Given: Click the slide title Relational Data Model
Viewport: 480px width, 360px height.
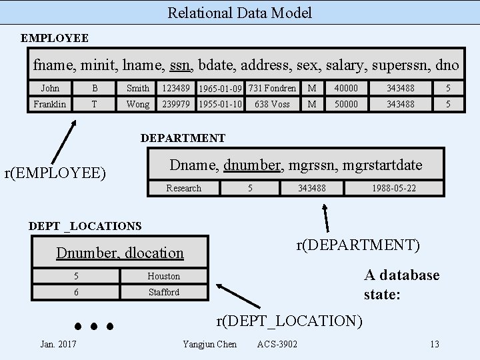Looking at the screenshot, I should click(x=239, y=12).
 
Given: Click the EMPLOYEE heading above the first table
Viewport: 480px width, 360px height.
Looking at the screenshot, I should click(x=55, y=38).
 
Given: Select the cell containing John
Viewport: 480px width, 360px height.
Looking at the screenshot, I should click(x=50, y=88).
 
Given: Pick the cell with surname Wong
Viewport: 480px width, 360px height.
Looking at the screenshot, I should click(x=138, y=104).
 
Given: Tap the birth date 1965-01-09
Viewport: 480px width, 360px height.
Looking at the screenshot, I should click(x=221, y=89).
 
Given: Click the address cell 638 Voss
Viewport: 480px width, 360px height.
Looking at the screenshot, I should click(x=272, y=104).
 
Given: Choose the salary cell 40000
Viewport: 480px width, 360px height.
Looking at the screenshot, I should click(x=346, y=88).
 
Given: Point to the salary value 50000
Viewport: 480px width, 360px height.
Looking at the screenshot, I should click(x=346, y=104).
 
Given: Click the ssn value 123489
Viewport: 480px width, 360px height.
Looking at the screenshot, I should click(x=176, y=88).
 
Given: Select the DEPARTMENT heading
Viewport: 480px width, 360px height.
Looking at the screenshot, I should click(x=183, y=138).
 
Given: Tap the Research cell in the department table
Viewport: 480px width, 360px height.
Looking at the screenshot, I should click(x=183, y=188).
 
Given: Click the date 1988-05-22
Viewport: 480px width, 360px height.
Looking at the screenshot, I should click(x=394, y=188).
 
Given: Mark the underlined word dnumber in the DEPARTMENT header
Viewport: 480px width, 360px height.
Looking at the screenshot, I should click(x=252, y=165).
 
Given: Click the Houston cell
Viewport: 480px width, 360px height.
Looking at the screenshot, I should click(x=164, y=276).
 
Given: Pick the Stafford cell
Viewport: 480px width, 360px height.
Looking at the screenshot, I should click(x=164, y=292).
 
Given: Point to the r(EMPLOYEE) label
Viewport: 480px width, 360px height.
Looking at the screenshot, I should click(x=55, y=173).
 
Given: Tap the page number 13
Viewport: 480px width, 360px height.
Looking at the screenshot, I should click(x=435, y=344).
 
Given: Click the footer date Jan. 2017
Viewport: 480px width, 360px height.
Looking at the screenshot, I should click(x=58, y=344).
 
